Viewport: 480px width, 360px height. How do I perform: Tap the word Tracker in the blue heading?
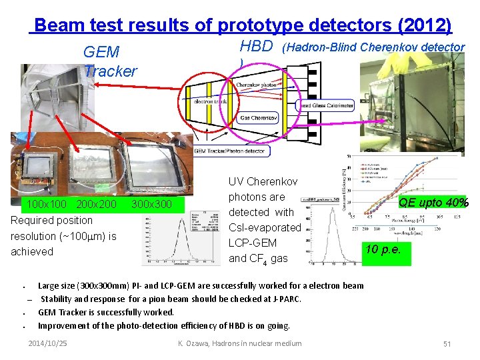point(111,71)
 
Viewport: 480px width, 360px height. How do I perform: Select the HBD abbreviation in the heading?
point(256,46)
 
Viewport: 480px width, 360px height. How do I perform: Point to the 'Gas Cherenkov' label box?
point(258,118)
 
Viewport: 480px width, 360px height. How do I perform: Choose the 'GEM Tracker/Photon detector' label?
point(229,151)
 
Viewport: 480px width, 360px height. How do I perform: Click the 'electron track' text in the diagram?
point(211,102)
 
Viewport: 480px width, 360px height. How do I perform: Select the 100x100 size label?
point(46,203)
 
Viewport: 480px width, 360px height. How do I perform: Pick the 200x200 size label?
point(97,203)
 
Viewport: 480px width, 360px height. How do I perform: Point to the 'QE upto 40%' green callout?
point(433,203)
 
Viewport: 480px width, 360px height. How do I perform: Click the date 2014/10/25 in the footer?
point(48,343)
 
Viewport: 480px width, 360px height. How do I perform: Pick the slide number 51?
point(447,343)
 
